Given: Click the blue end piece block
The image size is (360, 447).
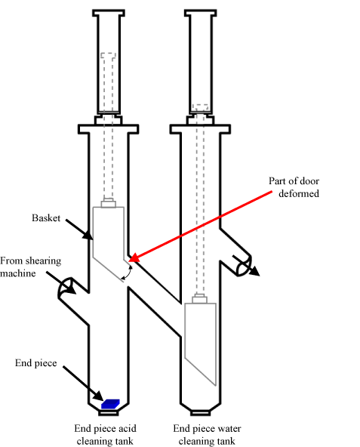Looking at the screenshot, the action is click(x=111, y=404).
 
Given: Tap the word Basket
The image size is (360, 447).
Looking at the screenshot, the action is click(x=46, y=218).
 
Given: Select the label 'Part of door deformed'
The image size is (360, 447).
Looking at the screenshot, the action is click(x=294, y=187).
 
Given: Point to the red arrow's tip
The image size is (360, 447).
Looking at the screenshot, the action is click(x=129, y=260).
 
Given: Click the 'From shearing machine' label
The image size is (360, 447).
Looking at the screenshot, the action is click(x=30, y=267).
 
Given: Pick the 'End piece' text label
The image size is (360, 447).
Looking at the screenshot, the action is click(x=36, y=363).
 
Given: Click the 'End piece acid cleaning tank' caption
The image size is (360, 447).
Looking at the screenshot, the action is click(x=105, y=434).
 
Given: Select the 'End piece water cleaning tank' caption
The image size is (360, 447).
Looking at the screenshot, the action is click(x=207, y=434).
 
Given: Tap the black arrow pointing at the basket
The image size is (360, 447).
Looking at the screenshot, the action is click(x=79, y=230).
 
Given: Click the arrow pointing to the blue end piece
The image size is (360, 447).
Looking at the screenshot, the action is click(x=83, y=384).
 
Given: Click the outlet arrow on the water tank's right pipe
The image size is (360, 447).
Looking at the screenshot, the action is click(x=246, y=266).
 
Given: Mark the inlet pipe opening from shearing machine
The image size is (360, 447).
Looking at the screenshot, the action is click(x=66, y=288).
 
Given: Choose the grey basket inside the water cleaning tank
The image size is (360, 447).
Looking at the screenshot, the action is click(x=201, y=339).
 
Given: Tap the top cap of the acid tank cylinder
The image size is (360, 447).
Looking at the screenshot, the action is click(x=109, y=13).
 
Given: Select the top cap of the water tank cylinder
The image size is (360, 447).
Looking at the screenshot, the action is click(x=201, y=13).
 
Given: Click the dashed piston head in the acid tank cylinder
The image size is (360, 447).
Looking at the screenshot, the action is click(x=109, y=56).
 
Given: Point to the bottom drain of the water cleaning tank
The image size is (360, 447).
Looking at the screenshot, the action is click(x=201, y=412).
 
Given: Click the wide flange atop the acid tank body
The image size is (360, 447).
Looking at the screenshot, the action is click(x=109, y=129).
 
